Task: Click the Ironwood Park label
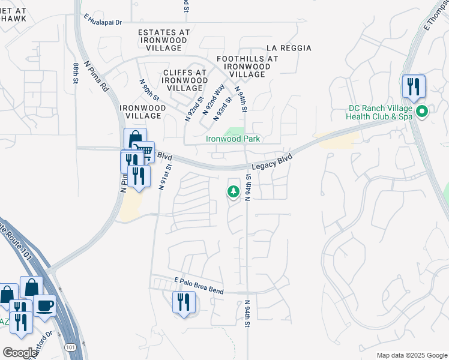[x=233, y=139]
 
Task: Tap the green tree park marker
[x=233, y=192]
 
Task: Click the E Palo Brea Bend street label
[x=198, y=286]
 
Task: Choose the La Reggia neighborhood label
[x=289, y=48]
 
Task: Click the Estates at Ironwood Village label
[x=164, y=40]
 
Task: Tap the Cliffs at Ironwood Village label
[x=184, y=80]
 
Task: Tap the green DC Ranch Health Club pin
[x=422, y=112]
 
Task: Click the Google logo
[x=20, y=353]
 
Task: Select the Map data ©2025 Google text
[x=411, y=355]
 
